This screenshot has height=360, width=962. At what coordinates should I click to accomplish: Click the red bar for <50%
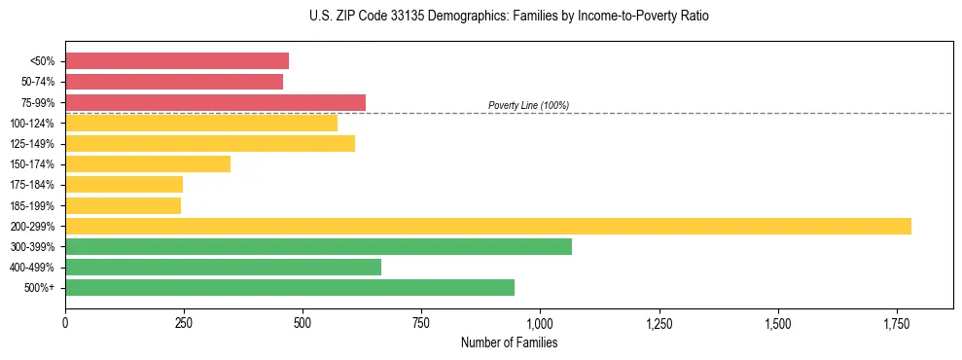(x=177, y=61)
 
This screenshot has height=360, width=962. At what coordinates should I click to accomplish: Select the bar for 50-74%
(x=174, y=82)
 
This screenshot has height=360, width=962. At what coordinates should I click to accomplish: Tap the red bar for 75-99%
(x=215, y=102)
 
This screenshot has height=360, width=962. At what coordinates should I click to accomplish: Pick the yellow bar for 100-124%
(x=201, y=123)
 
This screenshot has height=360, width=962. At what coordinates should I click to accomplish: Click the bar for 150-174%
(x=148, y=163)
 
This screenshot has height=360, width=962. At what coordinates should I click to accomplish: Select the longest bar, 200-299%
(x=488, y=226)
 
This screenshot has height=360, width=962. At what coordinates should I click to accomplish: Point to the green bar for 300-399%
(x=318, y=246)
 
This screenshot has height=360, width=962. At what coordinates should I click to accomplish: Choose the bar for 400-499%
(x=223, y=267)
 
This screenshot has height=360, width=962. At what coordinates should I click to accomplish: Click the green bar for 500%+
(x=290, y=287)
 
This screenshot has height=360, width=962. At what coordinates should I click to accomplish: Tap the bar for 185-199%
(x=123, y=205)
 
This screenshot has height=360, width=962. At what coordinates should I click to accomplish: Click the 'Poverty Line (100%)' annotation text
(x=528, y=105)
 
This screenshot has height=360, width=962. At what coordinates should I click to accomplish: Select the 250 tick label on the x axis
(x=184, y=322)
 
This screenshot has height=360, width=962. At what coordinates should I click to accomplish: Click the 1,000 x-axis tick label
(x=540, y=322)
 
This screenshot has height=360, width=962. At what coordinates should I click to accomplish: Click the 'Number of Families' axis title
(x=509, y=342)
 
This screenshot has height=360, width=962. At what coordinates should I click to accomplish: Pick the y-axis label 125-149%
(x=32, y=144)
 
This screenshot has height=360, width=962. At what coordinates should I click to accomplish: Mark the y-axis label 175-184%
(x=32, y=185)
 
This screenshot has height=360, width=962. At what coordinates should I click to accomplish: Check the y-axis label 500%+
(x=38, y=288)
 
